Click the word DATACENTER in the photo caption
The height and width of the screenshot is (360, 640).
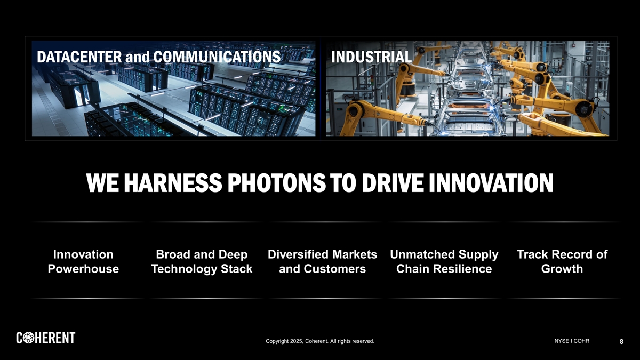point(79,57)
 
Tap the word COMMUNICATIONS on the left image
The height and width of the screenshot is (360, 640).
point(217,57)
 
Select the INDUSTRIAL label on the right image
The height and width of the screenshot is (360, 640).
point(371,57)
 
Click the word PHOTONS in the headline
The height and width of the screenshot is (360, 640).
point(276,183)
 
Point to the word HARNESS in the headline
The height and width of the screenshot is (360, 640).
point(173,183)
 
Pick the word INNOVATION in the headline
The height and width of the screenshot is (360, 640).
point(491,183)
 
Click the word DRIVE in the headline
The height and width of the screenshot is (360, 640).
point(393,183)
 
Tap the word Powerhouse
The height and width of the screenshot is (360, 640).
point(83,269)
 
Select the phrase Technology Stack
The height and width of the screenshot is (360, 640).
point(202,269)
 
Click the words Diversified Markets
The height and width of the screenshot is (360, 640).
point(322,254)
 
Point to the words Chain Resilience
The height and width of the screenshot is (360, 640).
point(444,269)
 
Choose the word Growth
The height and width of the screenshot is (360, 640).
point(562,269)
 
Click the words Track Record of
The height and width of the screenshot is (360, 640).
point(562,254)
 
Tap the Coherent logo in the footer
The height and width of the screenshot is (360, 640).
point(46,338)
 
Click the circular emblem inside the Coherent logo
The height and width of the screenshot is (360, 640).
point(29,338)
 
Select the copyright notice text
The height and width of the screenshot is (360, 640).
point(320,341)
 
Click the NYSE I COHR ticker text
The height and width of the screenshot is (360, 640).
point(572,341)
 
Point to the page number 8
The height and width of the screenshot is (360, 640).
point(621,341)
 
